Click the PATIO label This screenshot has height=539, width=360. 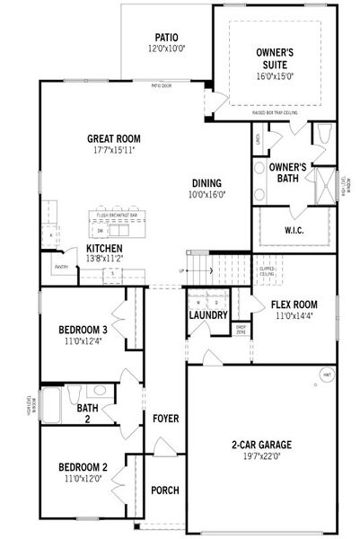(167, 38)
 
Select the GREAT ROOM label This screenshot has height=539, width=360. (116, 138)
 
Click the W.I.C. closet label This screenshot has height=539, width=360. (295, 230)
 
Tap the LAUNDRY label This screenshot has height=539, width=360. (207, 314)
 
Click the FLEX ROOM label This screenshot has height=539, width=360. (295, 305)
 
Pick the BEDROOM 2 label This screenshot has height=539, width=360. (83, 467)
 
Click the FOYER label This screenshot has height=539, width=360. (165, 419)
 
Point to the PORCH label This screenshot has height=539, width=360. (165, 490)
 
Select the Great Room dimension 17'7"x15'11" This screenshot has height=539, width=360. (116, 151)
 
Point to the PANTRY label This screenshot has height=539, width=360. (62, 267)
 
